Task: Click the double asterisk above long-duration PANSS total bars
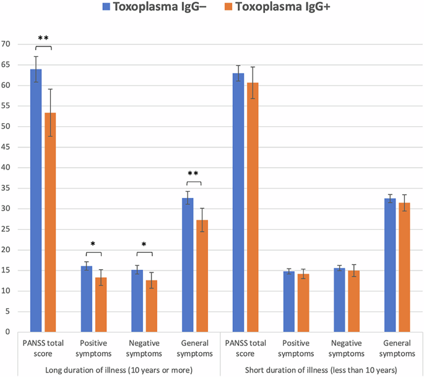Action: click(x=43, y=39)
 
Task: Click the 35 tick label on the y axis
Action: click(x=7, y=188)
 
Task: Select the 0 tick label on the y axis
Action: click(x=9, y=332)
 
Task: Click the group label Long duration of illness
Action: click(x=118, y=370)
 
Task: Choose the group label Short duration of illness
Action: click(x=321, y=370)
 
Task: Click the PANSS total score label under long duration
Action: click(x=43, y=348)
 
